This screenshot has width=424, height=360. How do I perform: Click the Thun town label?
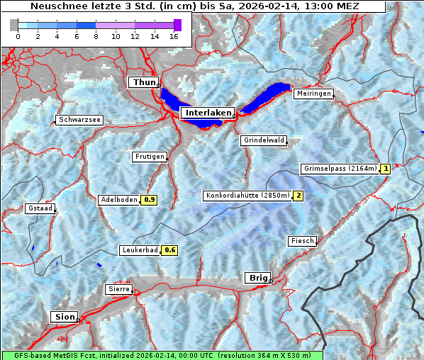point(144,83)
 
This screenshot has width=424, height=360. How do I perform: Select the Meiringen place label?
point(313,94)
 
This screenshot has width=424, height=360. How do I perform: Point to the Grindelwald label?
point(264,140)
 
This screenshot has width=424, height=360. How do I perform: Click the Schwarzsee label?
point(79,120)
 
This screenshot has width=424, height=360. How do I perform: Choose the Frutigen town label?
point(149,157)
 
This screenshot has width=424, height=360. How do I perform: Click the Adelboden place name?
point(118,200)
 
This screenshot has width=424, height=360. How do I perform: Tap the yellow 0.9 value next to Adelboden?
point(150,200)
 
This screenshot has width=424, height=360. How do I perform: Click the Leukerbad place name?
point(139,250)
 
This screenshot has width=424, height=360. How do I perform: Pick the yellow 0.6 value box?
point(170,250)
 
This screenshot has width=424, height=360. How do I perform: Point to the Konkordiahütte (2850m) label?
point(247,196)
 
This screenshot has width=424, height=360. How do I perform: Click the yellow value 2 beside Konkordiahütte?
point(299,196)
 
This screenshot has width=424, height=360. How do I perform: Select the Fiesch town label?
point(302,241)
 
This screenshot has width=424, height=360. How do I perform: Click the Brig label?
point(256,278)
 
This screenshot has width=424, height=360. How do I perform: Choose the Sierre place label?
point(118,289)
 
